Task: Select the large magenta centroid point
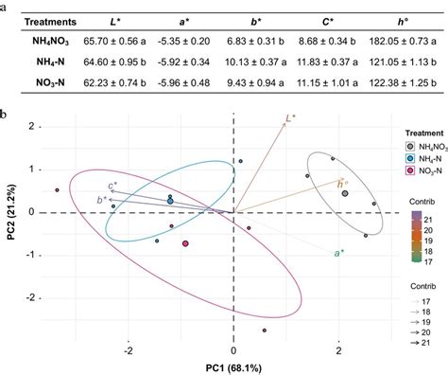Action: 185,245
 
